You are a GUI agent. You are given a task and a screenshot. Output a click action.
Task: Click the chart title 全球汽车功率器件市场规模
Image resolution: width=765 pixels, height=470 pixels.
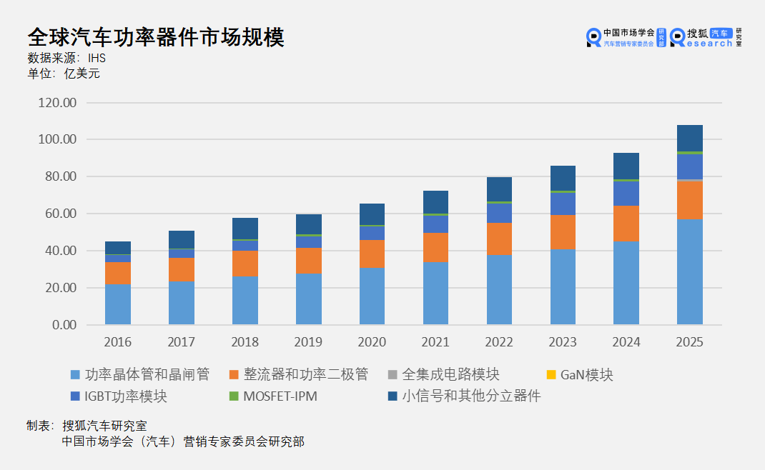155,37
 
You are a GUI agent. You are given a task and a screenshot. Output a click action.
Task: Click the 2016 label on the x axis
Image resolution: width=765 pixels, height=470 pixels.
118,342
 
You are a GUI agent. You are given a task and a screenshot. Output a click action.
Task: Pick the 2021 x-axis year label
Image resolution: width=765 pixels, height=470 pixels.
435,342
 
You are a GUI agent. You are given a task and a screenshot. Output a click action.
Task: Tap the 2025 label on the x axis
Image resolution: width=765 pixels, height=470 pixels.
690,342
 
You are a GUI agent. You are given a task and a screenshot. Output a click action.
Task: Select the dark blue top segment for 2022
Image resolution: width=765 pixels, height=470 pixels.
499,189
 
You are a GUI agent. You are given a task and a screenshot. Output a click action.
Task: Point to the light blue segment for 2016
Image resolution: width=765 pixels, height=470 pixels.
118,305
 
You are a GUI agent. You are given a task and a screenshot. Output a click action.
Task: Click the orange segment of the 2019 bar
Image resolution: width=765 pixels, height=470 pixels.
308,261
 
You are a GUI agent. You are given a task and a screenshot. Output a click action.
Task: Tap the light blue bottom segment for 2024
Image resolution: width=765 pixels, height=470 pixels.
626,283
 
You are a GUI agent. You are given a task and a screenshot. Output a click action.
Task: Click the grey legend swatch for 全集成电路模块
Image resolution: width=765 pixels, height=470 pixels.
393,375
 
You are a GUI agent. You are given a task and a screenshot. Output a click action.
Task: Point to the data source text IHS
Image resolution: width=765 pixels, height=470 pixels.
97,59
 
